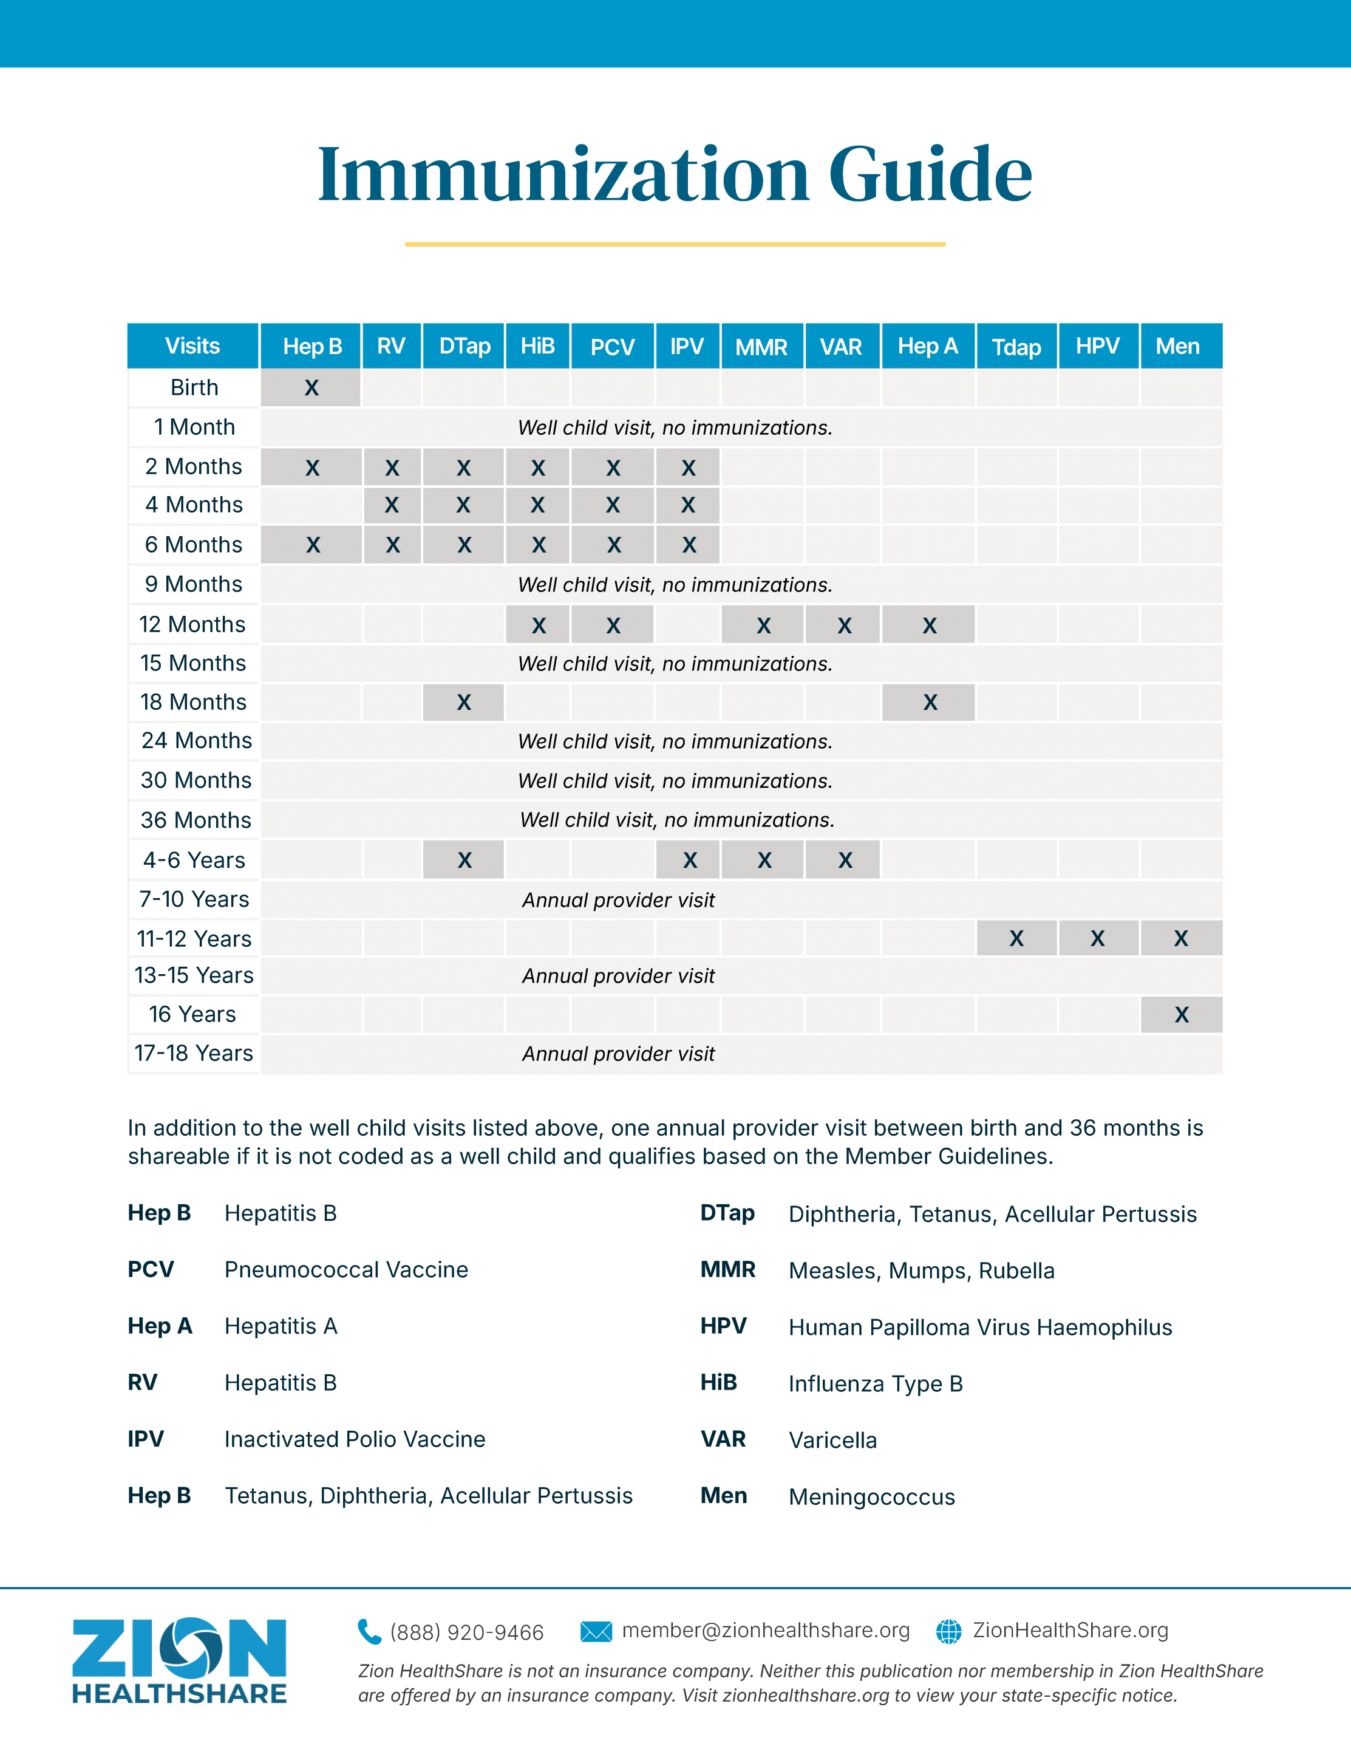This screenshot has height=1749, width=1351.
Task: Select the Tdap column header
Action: [x=1016, y=347]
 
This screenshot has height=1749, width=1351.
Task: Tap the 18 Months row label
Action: [x=193, y=702]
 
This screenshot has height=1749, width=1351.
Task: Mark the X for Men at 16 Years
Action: [x=1181, y=1015]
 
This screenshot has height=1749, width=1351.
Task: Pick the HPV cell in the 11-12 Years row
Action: [x=1097, y=938]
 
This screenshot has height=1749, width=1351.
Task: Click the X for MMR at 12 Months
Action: [x=763, y=626]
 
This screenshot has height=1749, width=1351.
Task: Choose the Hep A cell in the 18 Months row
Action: [x=929, y=702]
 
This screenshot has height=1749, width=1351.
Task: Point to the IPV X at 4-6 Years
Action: [x=689, y=860]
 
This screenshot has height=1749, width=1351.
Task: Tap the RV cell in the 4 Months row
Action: [x=392, y=505]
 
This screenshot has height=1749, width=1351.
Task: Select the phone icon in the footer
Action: [x=369, y=1631]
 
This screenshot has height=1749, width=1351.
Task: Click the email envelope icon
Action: [x=596, y=1631]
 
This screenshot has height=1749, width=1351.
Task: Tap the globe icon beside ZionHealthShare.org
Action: [x=949, y=1631]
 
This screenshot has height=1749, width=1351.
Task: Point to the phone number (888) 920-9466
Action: [x=467, y=1632]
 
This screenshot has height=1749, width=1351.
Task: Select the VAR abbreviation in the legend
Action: [x=723, y=1439]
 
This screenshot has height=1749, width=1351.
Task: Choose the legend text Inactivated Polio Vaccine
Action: [x=355, y=1439]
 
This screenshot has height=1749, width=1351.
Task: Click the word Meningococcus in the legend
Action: [x=871, y=1497]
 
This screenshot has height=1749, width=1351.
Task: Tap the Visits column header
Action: [x=192, y=346]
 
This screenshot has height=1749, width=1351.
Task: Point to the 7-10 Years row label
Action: [x=194, y=899]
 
